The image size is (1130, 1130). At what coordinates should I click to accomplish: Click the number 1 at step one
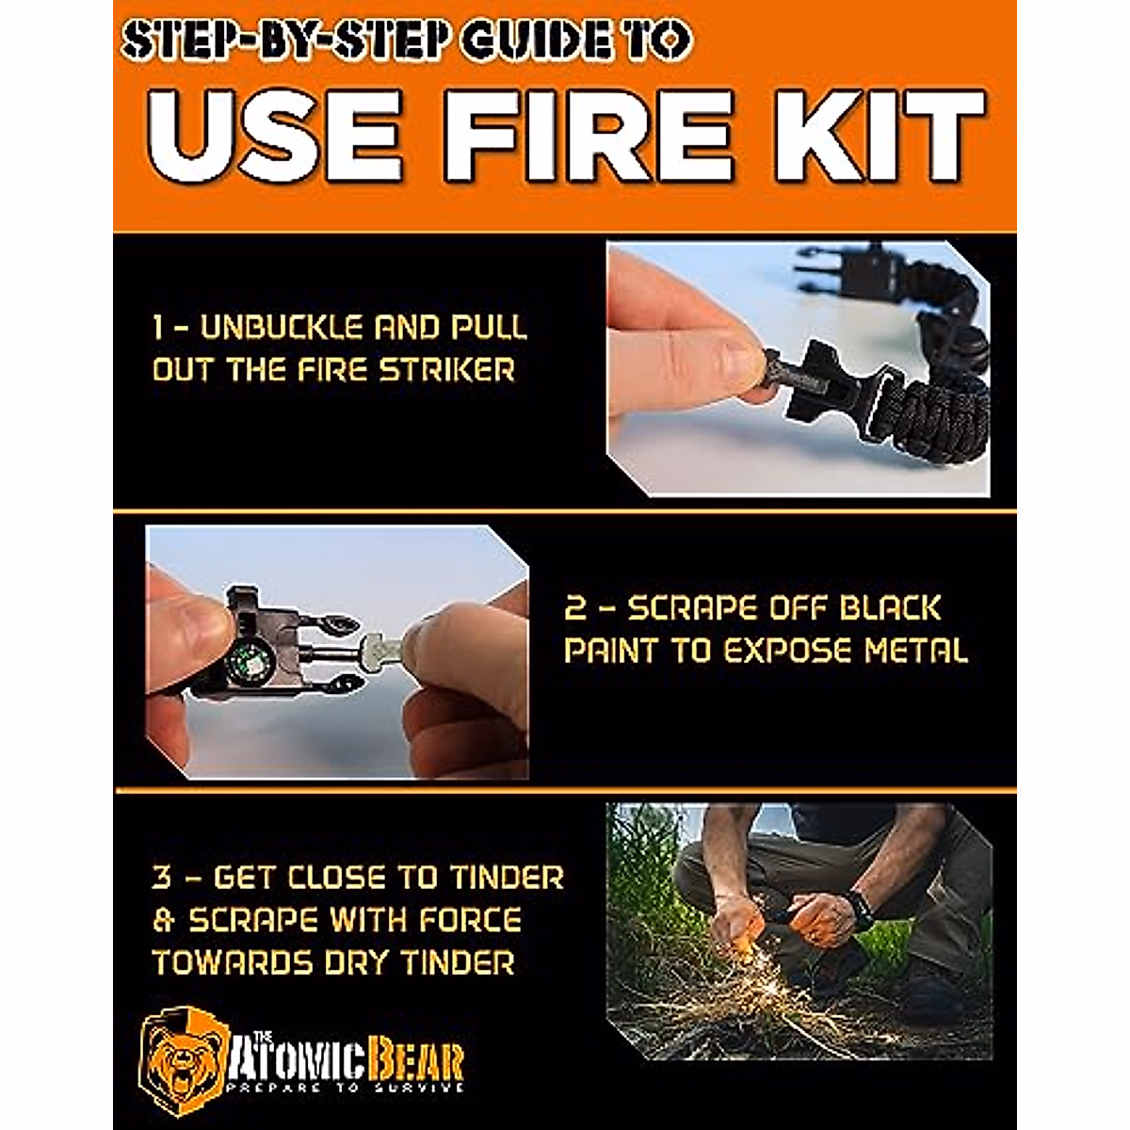click(160, 329)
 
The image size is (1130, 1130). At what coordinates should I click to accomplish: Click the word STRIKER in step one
click(447, 369)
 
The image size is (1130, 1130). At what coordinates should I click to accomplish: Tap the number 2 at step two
click(573, 608)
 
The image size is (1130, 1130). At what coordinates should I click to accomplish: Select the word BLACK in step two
click(889, 608)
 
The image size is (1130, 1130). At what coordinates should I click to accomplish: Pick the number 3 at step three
click(162, 879)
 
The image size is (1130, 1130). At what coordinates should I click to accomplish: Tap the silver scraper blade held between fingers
click(377, 648)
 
